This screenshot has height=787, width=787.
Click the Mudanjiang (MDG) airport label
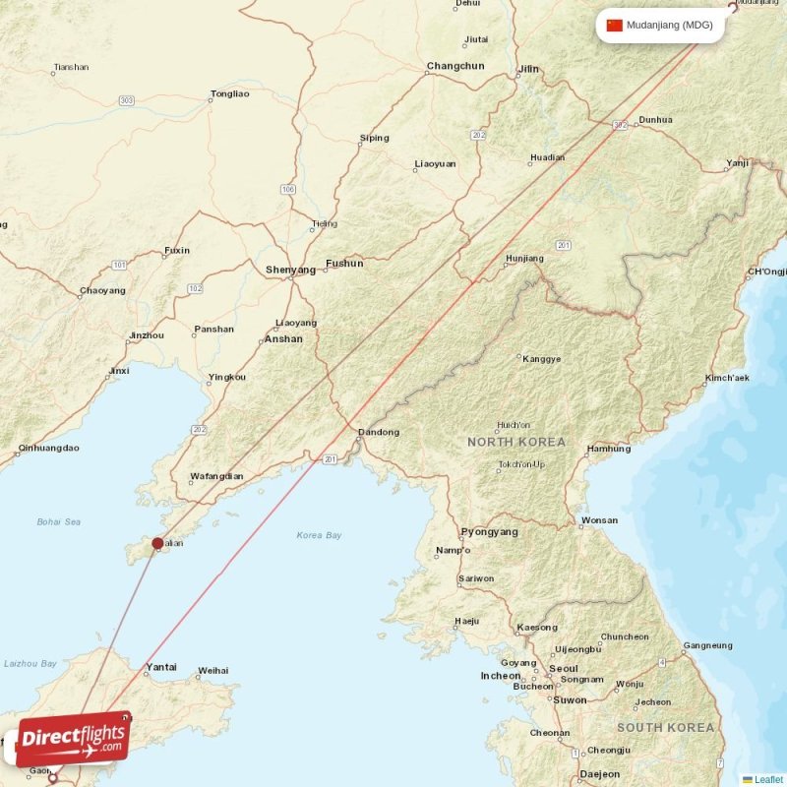(x=669, y=26)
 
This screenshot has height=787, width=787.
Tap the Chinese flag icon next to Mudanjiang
(x=615, y=26)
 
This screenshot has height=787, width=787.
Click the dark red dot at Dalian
(x=157, y=543)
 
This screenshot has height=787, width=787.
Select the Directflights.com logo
(x=74, y=739)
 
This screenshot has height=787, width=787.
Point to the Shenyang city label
(x=290, y=270)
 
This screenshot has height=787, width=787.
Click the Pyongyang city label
(x=489, y=532)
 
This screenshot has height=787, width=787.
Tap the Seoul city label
(x=564, y=668)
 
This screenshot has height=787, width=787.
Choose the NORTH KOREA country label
(x=516, y=443)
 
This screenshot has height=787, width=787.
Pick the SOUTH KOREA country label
(x=666, y=728)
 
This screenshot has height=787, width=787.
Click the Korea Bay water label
(x=319, y=535)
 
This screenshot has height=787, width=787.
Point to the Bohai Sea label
(x=59, y=521)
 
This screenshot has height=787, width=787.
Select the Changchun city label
(x=455, y=67)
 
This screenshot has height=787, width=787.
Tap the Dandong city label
(x=379, y=433)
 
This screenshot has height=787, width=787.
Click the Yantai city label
(x=161, y=668)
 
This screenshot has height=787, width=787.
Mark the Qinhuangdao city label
(x=47, y=449)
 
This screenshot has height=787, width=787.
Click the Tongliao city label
(x=229, y=94)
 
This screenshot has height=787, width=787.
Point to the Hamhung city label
(x=608, y=450)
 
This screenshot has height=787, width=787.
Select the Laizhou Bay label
(x=30, y=664)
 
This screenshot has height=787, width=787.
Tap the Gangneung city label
(x=708, y=646)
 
